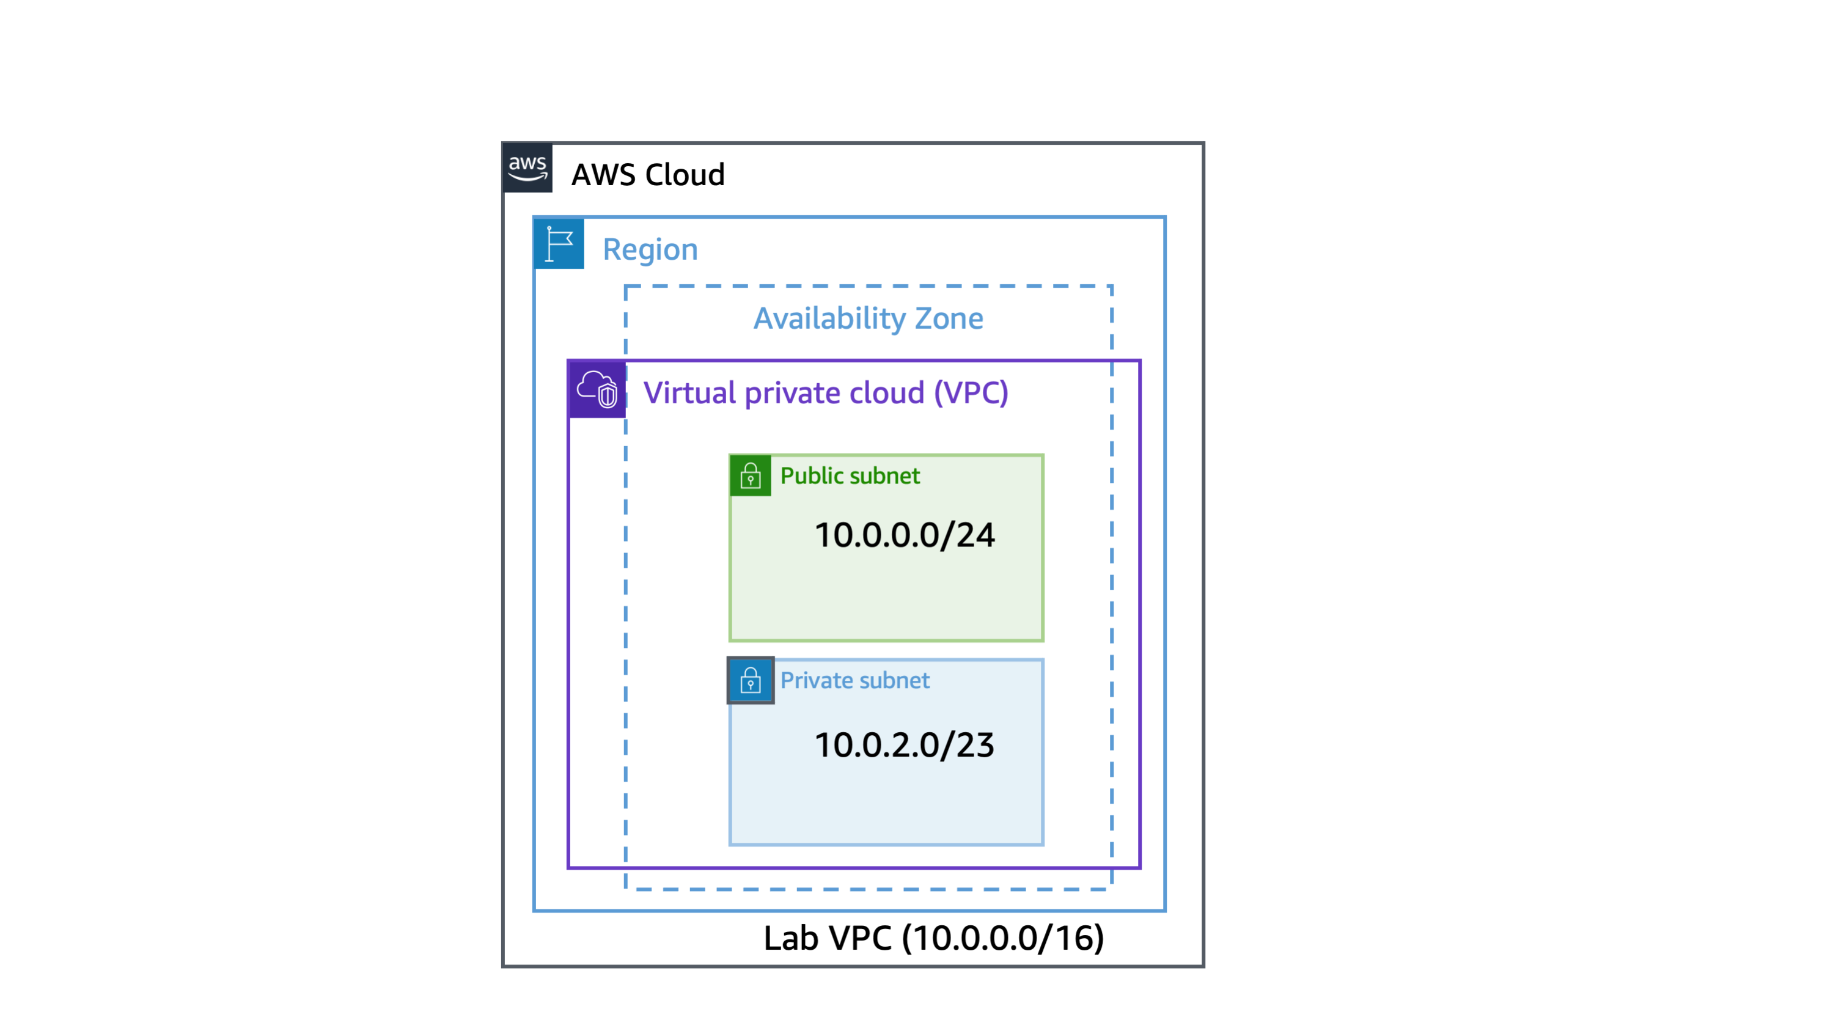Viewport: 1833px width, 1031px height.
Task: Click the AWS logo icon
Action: coord(527,168)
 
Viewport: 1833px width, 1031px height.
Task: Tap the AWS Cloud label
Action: coord(647,174)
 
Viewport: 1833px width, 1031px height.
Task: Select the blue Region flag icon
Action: coord(559,243)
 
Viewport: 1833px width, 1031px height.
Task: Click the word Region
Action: coord(650,249)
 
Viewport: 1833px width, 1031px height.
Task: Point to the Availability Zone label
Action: coord(868,318)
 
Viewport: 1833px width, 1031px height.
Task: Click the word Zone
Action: coord(949,318)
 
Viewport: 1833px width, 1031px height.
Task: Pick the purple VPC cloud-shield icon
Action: coord(597,389)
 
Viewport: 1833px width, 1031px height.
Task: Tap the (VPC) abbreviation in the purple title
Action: coord(971,393)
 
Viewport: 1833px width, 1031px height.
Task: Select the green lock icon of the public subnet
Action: coord(750,475)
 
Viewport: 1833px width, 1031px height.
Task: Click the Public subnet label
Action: coord(850,475)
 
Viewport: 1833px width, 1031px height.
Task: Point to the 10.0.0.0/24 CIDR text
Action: coord(904,535)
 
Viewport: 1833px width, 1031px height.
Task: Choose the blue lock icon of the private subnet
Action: coord(750,680)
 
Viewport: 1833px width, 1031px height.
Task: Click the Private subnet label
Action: coord(854,680)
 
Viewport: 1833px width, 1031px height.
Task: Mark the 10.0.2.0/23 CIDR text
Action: coord(904,745)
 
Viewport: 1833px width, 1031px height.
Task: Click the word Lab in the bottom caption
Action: coord(790,937)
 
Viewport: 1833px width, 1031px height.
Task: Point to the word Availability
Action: coord(829,318)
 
